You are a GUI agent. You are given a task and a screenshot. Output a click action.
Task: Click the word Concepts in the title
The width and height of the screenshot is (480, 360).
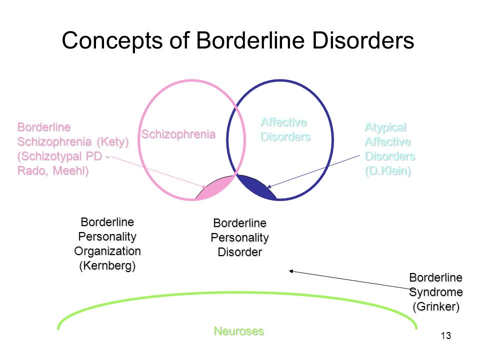tap(112, 40)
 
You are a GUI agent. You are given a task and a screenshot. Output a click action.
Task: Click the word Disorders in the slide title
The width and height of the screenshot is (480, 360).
tap(363, 40)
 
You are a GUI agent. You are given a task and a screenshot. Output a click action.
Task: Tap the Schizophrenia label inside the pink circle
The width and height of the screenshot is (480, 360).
tap(178, 134)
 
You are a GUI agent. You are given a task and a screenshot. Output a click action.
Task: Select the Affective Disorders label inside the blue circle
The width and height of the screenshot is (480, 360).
tap(285, 129)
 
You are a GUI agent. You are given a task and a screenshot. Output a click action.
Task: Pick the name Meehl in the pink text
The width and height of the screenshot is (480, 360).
tap(70, 170)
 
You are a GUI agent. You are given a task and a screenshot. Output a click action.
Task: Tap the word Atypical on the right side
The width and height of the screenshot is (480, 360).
tap(385, 127)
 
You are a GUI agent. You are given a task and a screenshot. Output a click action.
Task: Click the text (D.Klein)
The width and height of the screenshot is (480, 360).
tap(388, 171)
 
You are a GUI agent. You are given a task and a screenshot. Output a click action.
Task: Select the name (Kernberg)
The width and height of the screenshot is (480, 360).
tap(107, 265)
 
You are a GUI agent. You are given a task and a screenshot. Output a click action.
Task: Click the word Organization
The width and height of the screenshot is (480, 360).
tap(107, 251)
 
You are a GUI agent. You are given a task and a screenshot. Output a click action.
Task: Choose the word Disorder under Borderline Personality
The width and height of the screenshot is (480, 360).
tap(240, 252)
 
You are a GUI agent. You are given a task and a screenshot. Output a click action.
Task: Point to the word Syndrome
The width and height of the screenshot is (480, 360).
tap(436, 292)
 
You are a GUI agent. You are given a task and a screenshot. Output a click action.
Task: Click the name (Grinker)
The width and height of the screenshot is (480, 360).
tap(436, 306)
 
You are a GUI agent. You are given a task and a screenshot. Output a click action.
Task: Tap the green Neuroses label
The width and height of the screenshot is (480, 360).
tap(239, 331)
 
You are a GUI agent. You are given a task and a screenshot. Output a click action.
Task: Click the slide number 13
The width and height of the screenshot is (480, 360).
tap(446, 336)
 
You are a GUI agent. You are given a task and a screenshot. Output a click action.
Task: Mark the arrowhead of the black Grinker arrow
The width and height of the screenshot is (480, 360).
tap(291, 271)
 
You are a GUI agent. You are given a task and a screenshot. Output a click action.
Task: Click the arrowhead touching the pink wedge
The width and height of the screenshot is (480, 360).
tap(204, 186)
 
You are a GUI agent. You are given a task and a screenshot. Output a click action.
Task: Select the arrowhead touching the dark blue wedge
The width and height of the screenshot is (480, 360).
tap(269, 186)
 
